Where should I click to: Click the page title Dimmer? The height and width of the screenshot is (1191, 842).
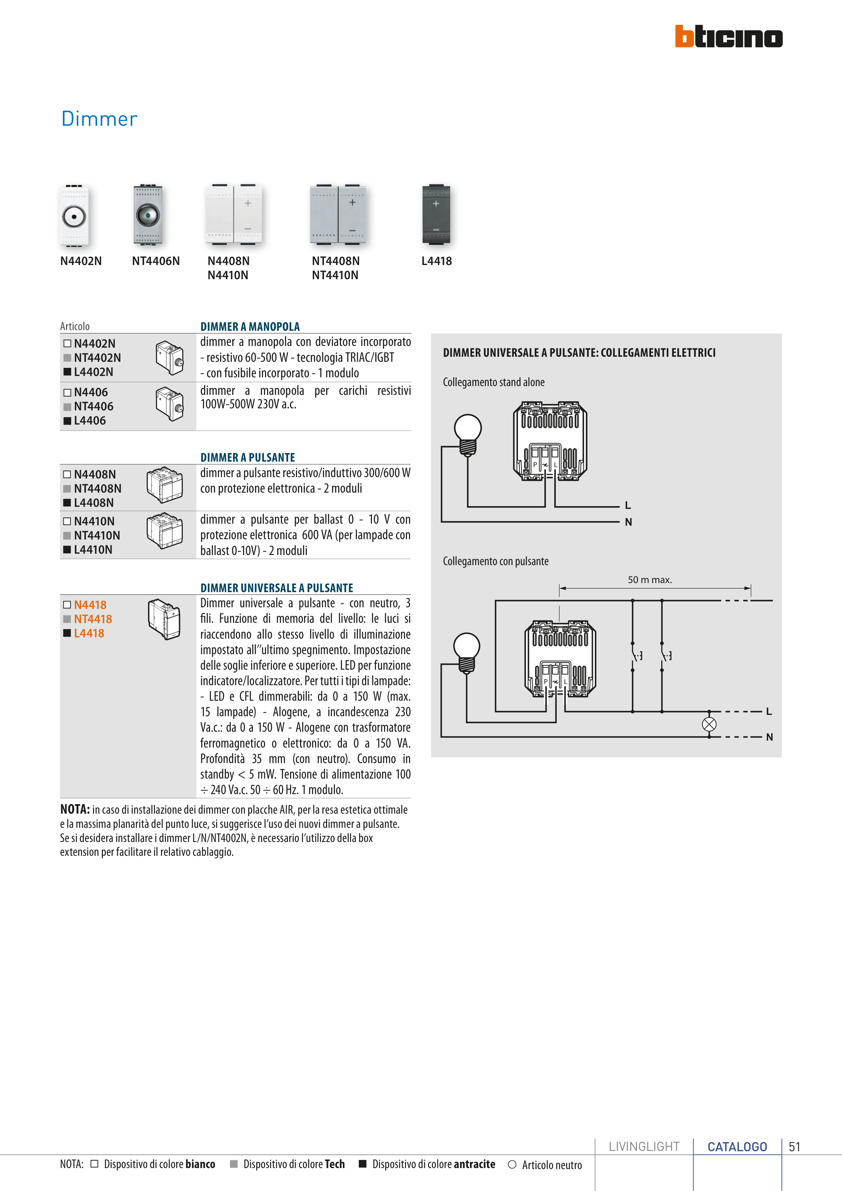pyautogui.click(x=99, y=119)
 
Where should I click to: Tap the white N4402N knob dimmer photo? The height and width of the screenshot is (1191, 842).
pyautogui.click(x=74, y=215)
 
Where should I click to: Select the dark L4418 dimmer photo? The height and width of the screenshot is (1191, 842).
pyautogui.click(x=436, y=214)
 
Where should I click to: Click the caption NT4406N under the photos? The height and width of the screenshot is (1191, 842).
pyautogui.click(x=156, y=261)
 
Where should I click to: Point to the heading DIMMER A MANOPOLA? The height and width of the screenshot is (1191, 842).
pyautogui.click(x=250, y=327)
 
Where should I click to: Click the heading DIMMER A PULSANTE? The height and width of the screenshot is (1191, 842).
pyautogui.click(x=248, y=458)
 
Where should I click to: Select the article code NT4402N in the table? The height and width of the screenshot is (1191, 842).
pyautogui.click(x=97, y=358)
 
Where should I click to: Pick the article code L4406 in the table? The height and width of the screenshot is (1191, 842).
pyautogui.click(x=90, y=421)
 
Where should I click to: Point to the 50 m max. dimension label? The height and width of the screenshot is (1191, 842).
pyautogui.click(x=649, y=580)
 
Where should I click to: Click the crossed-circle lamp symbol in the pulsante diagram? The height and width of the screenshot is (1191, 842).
pyautogui.click(x=709, y=724)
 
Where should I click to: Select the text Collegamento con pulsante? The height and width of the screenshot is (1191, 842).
pyautogui.click(x=495, y=561)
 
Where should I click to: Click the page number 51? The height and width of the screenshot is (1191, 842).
pyautogui.click(x=794, y=1146)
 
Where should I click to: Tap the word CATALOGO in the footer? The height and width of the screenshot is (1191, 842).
pyautogui.click(x=737, y=1146)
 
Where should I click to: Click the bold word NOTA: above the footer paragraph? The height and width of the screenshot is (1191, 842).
pyautogui.click(x=75, y=809)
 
